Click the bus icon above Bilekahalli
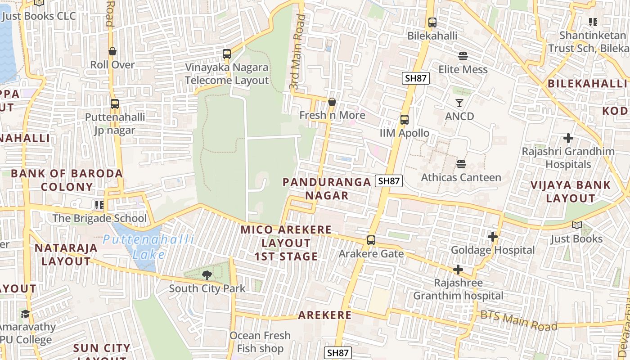(432, 22)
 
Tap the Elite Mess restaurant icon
(463, 56)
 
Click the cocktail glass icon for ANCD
(459, 103)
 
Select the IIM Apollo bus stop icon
(405, 120)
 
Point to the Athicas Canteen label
(461, 177)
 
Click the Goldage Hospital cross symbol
(493, 236)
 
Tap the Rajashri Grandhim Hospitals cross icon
(568, 138)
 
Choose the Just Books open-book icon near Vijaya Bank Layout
(576, 225)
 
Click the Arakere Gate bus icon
(371, 240)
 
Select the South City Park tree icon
(207, 275)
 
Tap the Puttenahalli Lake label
(148, 247)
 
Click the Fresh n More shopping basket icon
(332, 102)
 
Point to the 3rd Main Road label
(297, 52)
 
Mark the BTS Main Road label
(519, 320)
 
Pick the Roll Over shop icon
(112, 51)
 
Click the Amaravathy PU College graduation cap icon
(25, 314)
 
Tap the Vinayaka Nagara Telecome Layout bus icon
(227, 54)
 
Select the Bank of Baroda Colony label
(67, 180)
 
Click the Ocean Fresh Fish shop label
(260, 342)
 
